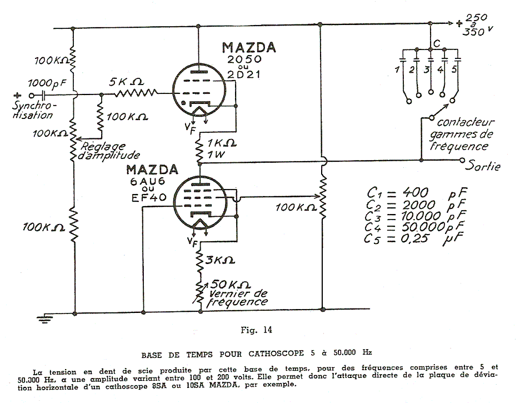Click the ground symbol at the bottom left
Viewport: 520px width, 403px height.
tap(44, 319)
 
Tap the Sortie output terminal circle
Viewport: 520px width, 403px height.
tap(462, 161)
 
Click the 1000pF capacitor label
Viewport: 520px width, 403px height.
tap(47, 83)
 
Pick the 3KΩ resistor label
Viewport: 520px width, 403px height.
tap(220, 260)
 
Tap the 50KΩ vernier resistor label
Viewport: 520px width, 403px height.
tap(231, 285)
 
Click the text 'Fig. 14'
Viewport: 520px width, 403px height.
tap(256, 330)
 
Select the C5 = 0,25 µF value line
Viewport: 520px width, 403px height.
tap(413, 238)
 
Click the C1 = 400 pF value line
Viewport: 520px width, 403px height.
tap(417, 193)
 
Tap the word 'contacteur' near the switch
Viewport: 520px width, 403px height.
tap(466, 122)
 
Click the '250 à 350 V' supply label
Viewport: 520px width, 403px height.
tap(474, 24)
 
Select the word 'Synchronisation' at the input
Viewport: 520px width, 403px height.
tap(33, 110)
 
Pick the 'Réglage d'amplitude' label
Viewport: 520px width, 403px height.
tap(109, 151)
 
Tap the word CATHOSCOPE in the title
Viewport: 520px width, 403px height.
tap(276, 354)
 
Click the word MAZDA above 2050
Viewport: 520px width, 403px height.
tap(249, 48)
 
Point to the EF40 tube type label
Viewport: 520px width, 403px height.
tap(149, 198)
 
